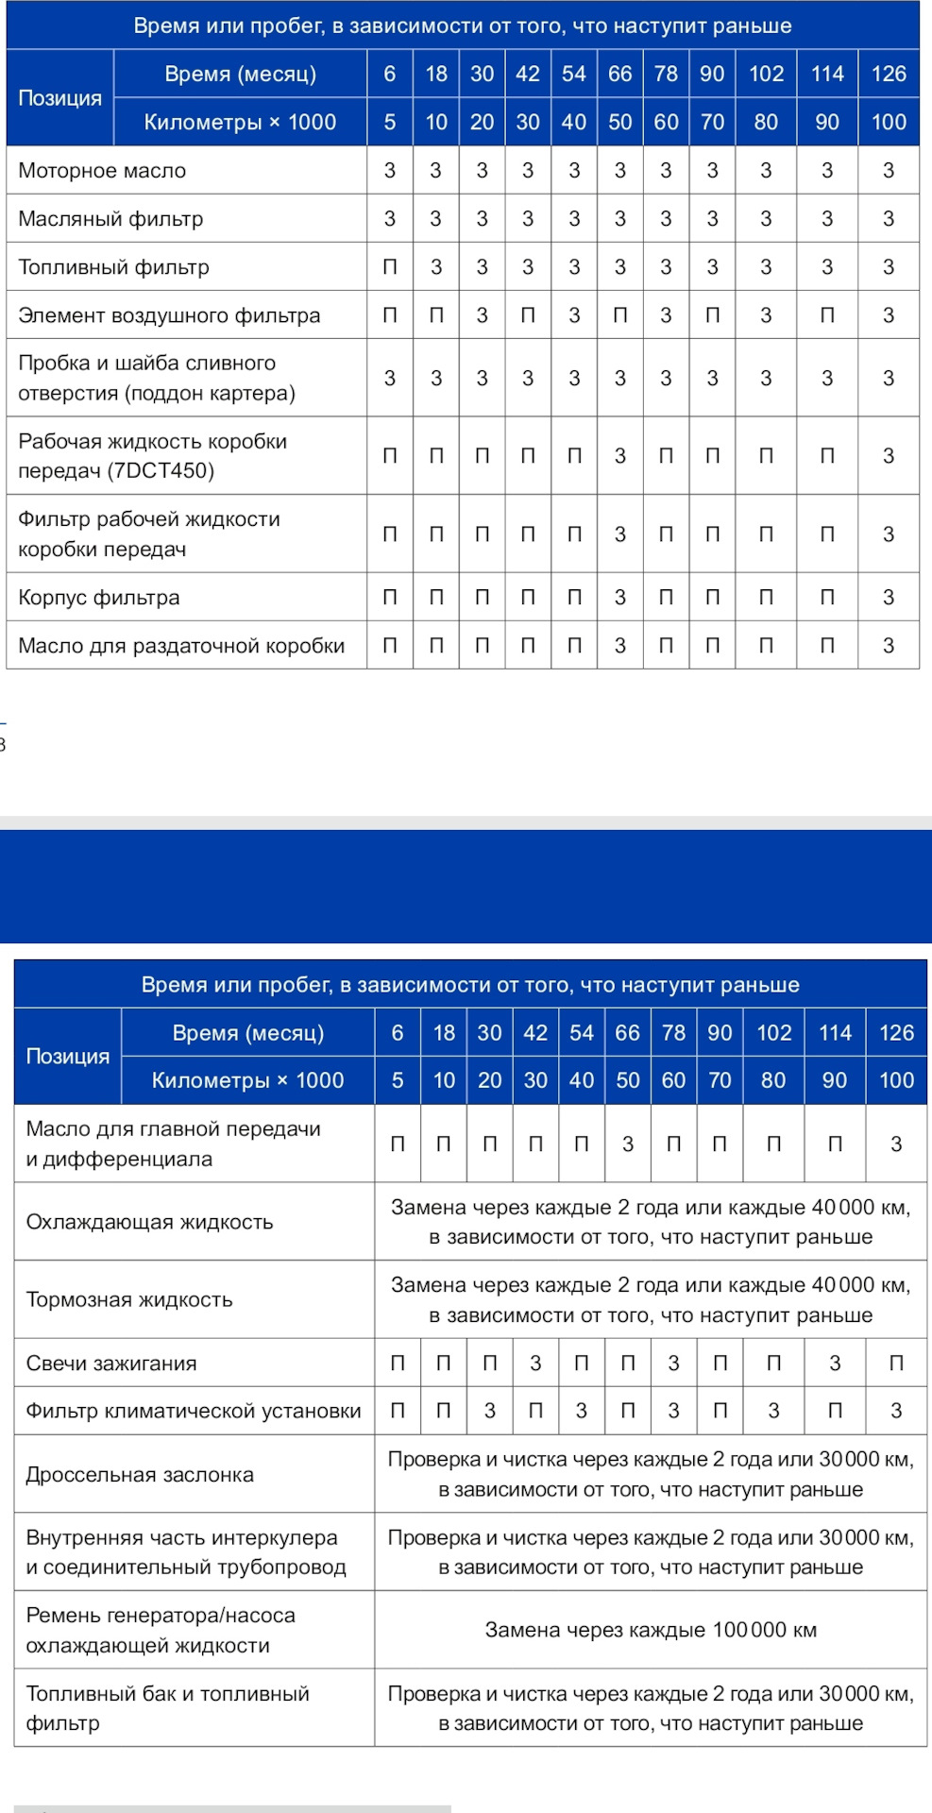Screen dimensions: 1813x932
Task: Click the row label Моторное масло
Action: click(102, 171)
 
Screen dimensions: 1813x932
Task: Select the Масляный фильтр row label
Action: click(110, 219)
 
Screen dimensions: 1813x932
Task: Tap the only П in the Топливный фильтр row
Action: click(390, 267)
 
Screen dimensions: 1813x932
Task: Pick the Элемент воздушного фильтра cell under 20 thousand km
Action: click(483, 315)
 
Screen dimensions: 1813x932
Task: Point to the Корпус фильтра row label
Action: click(99, 598)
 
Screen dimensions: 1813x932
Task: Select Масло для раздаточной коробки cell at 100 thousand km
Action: click(889, 646)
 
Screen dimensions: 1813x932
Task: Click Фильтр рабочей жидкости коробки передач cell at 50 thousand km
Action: click(620, 534)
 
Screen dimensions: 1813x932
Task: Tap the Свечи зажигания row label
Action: click(111, 1364)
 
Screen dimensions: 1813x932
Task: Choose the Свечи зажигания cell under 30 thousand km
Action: click(535, 1364)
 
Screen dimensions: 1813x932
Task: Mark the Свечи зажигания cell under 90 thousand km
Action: click(835, 1364)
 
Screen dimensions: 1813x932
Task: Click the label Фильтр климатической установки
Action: click(194, 1412)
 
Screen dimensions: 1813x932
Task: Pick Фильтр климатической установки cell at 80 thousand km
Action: click(773, 1412)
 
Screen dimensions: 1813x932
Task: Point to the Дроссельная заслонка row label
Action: click(140, 1475)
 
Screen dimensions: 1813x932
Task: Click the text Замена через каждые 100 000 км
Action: click(651, 1631)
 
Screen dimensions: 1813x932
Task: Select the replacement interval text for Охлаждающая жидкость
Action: click(651, 1222)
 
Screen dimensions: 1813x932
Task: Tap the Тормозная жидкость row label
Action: click(129, 1300)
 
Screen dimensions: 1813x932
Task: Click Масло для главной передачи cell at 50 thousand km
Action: click(628, 1144)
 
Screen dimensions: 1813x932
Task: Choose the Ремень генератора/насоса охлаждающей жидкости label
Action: click(161, 1631)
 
